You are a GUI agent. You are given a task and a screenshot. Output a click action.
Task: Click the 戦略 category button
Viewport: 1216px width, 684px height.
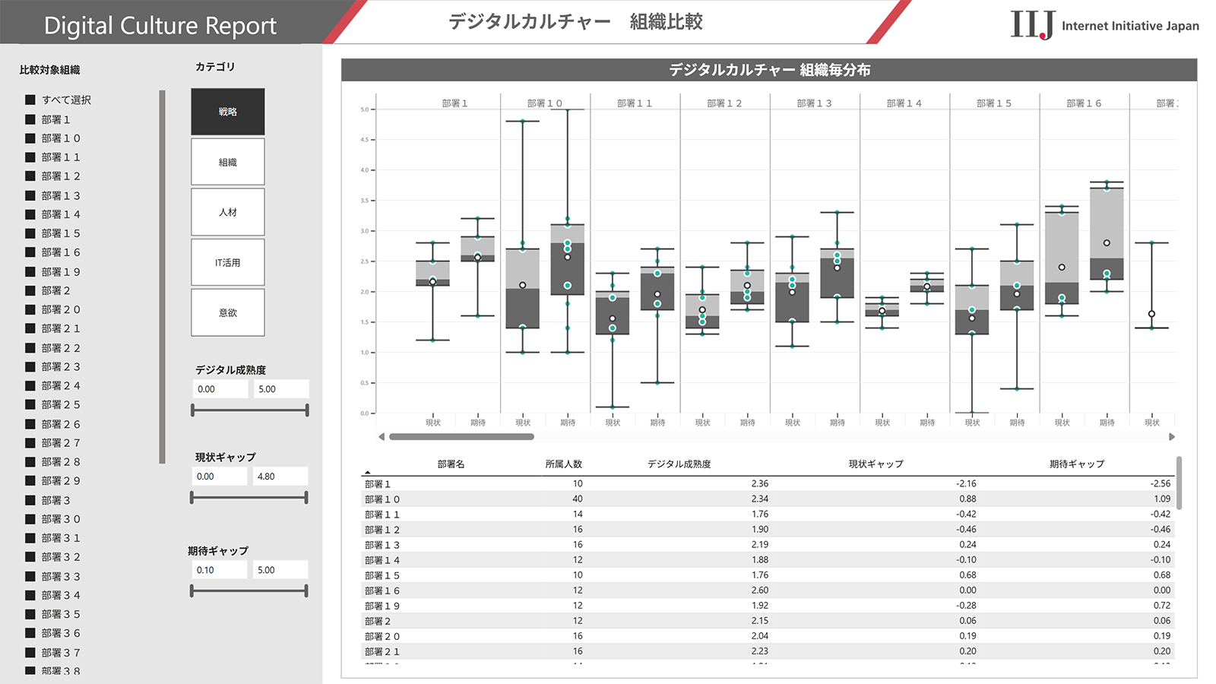click(228, 112)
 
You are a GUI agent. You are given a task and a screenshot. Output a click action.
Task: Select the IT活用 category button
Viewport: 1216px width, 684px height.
click(228, 263)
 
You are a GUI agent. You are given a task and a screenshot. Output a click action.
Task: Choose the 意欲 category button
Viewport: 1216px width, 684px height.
click(228, 313)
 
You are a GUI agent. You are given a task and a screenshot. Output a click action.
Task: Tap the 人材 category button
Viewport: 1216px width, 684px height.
click(228, 212)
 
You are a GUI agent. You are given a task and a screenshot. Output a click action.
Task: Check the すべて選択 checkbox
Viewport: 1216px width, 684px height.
click(30, 100)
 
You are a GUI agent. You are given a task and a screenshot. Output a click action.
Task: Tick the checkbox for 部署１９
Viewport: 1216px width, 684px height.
click(30, 271)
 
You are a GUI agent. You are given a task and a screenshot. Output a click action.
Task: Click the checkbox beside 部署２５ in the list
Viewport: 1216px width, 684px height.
click(30, 404)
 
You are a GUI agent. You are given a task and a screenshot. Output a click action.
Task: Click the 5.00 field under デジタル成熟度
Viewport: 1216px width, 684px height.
click(280, 389)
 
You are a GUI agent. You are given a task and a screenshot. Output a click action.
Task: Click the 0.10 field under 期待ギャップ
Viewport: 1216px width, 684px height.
click(219, 570)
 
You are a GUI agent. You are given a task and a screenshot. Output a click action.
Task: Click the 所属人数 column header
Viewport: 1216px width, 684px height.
click(563, 464)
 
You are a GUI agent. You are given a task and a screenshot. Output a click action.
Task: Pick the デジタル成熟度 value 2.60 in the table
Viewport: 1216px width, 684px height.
click(759, 591)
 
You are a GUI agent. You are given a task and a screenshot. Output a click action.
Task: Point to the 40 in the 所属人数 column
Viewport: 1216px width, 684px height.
click(578, 499)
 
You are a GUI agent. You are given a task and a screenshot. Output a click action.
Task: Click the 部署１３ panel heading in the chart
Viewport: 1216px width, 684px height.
click(814, 103)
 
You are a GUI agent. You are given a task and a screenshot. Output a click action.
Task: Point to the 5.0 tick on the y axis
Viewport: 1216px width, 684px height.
click(365, 109)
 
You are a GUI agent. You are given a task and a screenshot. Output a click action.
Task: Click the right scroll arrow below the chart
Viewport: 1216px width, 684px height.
click(1171, 437)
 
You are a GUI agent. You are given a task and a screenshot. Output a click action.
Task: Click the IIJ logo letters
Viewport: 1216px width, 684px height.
click(1032, 25)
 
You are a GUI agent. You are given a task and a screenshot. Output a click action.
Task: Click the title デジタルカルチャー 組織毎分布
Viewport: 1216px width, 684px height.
click(769, 70)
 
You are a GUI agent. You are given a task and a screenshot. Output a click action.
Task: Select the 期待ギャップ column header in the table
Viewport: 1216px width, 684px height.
click(1076, 464)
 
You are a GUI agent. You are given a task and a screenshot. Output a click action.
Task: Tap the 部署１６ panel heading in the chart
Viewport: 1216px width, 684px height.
click(1084, 103)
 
